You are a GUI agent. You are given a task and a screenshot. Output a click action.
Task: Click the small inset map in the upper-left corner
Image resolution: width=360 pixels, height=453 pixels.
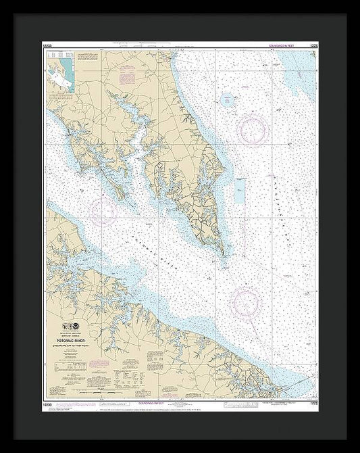click(x=61, y=78)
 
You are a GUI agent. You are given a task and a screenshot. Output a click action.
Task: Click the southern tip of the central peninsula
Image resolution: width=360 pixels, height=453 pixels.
click(x=222, y=254)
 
